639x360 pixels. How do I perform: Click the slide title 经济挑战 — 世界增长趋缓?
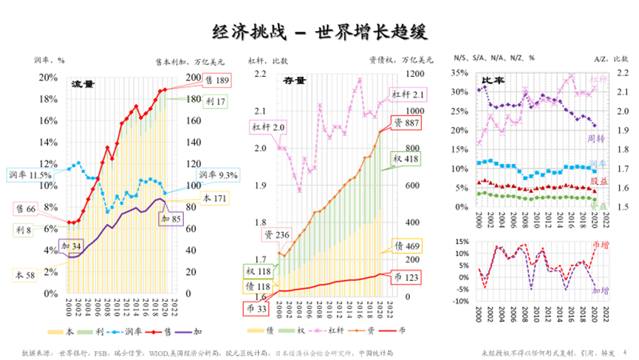(319, 32)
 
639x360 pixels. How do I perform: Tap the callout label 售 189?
(216, 79)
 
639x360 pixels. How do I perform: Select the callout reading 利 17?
(216, 101)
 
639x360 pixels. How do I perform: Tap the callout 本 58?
(27, 274)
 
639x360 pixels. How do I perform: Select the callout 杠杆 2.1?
(409, 95)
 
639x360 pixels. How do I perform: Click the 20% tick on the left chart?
(48, 78)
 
